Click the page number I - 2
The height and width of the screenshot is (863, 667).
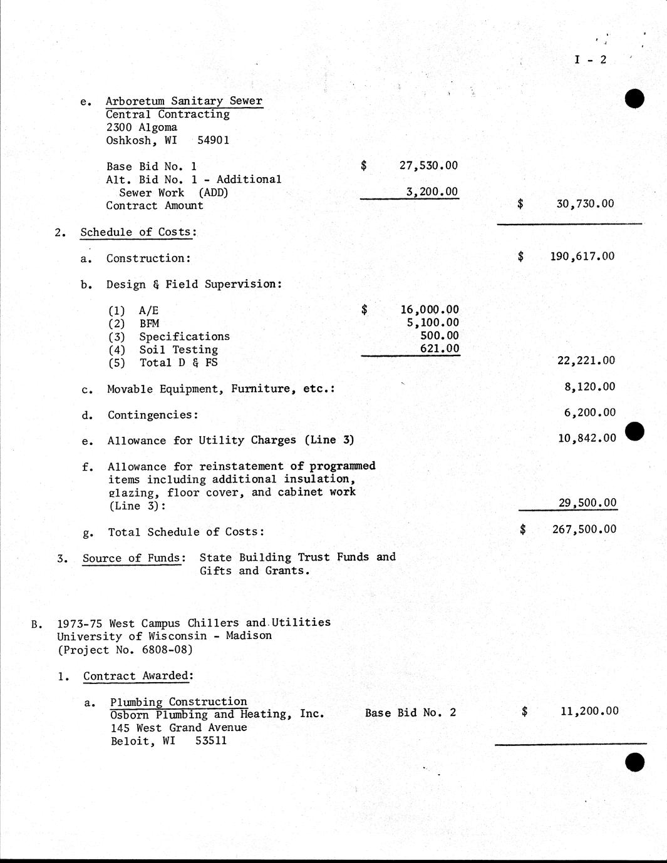(590, 59)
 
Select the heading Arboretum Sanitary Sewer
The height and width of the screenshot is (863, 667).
(184, 101)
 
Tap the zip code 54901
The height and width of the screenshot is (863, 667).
(213, 140)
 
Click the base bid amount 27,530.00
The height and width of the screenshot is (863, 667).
(428, 165)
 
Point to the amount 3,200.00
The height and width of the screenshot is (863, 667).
(432, 191)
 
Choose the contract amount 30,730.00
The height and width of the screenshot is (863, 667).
(585, 203)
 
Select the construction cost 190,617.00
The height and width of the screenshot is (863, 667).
(582, 256)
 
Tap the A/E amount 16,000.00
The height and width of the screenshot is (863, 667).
(429, 309)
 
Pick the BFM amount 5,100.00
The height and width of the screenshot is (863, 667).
(433, 322)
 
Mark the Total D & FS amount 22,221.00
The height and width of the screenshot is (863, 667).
(586, 360)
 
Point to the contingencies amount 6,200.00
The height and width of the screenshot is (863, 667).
(589, 412)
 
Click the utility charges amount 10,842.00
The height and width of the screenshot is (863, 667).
(587, 438)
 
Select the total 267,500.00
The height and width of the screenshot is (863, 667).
(584, 529)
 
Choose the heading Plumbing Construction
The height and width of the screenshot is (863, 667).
(178, 702)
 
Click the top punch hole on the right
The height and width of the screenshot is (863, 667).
(634, 99)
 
